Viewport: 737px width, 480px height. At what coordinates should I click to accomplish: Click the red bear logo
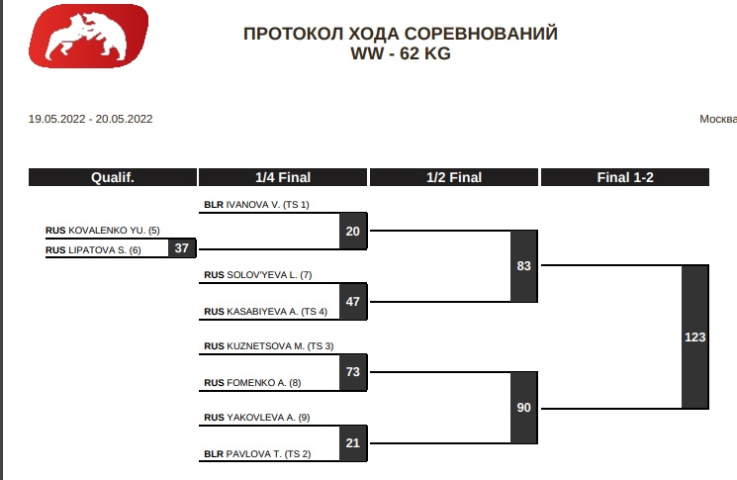pyautogui.click(x=89, y=36)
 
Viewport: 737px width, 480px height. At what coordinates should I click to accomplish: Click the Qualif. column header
pyautogui.click(x=113, y=178)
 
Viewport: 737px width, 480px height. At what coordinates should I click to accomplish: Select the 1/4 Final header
pyautogui.click(x=283, y=178)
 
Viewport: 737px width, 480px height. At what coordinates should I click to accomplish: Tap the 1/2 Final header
pyautogui.click(x=454, y=178)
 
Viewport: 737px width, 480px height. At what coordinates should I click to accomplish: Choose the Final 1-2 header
pyautogui.click(x=624, y=178)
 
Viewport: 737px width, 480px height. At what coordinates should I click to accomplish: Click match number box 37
pyautogui.click(x=181, y=248)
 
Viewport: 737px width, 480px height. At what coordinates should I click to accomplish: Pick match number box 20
pyautogui.click(x=353, y=232)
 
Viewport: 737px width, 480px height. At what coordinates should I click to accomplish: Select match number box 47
pyautogui.click(x=353, y=301)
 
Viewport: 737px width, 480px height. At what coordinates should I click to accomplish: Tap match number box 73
pyautogui.click(x=353, y=371)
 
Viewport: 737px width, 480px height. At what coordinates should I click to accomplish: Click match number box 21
pyautogui.click(x=353, y=442)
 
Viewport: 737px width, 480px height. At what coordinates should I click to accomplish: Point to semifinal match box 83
pyautogui.click(x=524, y=266)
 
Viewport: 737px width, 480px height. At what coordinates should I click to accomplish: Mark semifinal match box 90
pyautogui.click(x=524, y=408)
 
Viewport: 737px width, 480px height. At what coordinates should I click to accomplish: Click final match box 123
pyautogui.click(x=695, y=337)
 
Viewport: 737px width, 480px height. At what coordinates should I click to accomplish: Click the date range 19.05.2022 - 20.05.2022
pyautogui.click(x=91, y=119)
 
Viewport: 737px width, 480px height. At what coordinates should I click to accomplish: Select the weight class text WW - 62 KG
pyautogui.click(x=401, y=54)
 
